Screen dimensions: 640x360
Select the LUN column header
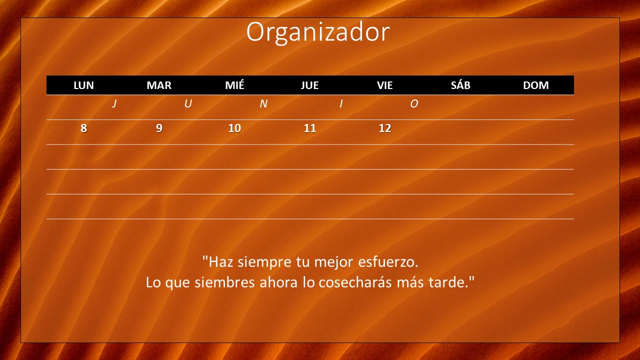83,85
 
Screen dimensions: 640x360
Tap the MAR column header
159,85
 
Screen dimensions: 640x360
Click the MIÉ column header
234,85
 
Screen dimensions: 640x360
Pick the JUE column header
309,85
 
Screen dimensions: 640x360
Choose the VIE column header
385,85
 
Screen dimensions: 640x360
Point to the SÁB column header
460,85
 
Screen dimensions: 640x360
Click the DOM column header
535,85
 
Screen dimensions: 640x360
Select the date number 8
83,128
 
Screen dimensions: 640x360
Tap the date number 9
159,128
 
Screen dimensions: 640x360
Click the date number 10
234,128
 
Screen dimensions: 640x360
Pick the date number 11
310,128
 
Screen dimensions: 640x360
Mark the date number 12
385,128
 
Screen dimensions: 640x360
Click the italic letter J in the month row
114,103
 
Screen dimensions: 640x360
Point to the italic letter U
188,103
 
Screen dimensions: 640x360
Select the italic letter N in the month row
263,103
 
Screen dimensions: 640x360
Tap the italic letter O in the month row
414,103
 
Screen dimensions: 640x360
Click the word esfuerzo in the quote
388,261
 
